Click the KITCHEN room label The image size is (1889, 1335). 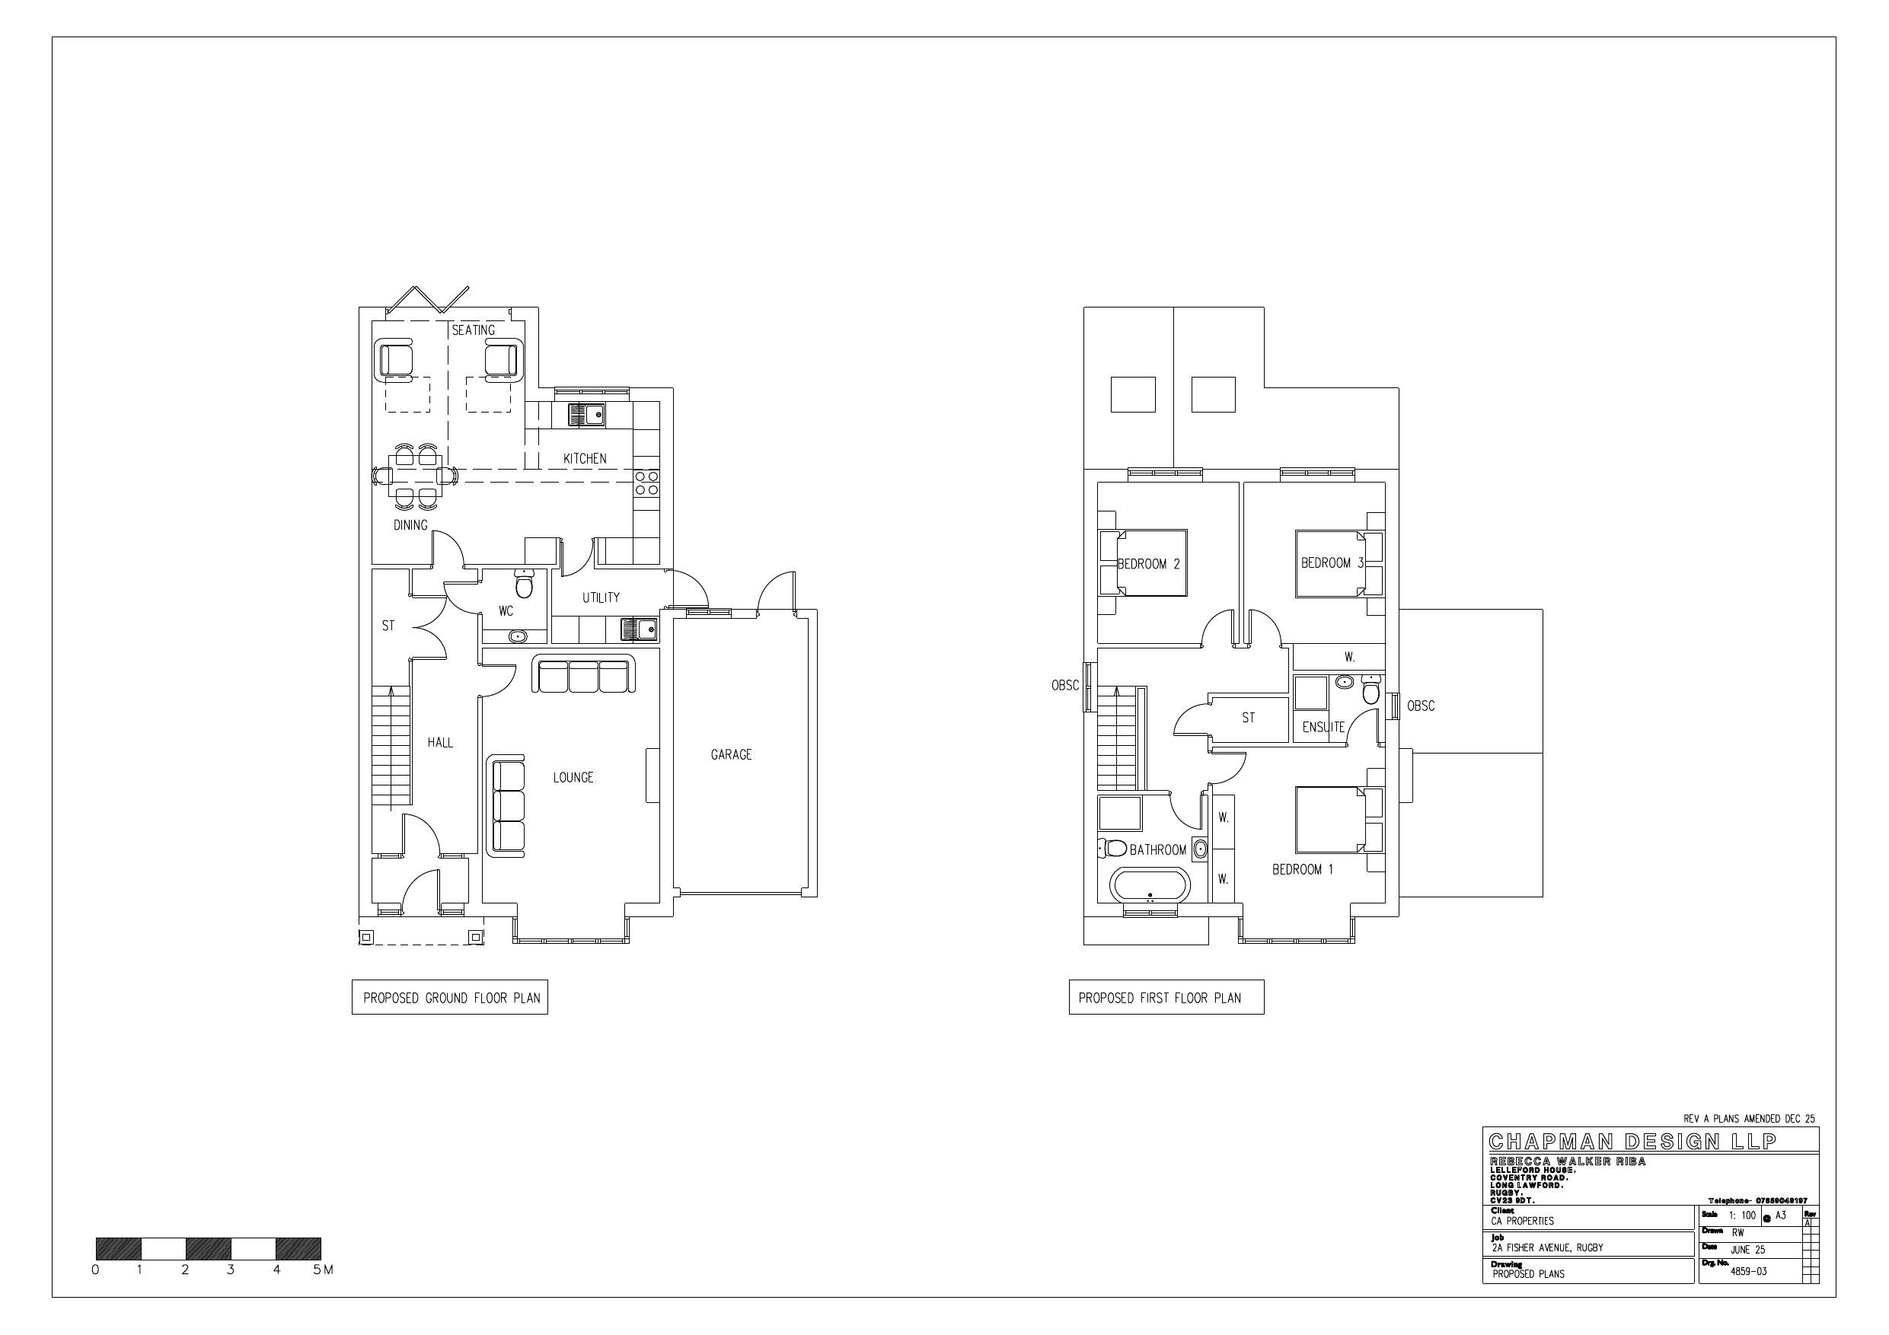pos(584,459)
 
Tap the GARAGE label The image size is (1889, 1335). pos(731,754)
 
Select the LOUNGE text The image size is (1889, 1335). pos(573,777)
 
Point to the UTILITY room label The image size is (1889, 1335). pos(601,598)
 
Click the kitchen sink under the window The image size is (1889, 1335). pos(586,415)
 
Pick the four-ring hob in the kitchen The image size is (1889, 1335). pos(646,483)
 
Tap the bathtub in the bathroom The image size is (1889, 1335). pos(1150,887)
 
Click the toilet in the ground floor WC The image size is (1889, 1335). pos(524,584)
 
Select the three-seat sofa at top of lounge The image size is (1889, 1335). pos(583,675)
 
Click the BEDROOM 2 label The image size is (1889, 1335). pos(1148,564)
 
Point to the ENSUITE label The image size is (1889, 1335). pos(1323,727)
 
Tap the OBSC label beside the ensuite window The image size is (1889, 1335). pos(1420,706)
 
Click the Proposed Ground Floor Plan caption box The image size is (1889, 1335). pos(450,998)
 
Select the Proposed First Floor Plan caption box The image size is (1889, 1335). pos(1166,998)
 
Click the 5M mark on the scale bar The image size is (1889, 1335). pos(322,1270)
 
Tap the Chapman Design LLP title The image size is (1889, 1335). pos(1632,1142)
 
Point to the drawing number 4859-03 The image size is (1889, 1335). pos(1748,1271)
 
